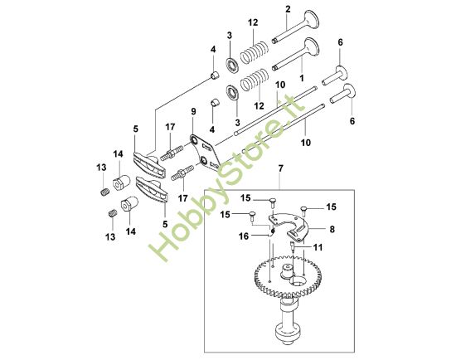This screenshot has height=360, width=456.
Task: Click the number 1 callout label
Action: coord(302,78)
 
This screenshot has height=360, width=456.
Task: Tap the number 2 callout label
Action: coord(288,9)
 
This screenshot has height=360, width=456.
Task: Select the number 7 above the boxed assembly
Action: coord(280,168)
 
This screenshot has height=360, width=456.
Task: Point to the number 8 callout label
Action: coord(332,229)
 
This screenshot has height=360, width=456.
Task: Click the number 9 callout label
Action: coord(193,111)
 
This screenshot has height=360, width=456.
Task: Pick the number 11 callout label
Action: coord(318,247)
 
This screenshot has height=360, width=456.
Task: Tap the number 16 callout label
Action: coord(244,236)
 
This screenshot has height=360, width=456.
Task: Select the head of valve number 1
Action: coord(312,46)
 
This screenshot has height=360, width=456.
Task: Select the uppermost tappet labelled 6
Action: coord(337,75)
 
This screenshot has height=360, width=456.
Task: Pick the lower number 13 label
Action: coord(110,237)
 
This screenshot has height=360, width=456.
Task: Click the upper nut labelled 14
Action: coord(121,182)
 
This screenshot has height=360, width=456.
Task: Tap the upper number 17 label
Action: coord(171,127)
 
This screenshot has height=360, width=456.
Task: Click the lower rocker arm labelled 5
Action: coord(152,189)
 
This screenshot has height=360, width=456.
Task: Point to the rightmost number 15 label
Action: coord(332,207)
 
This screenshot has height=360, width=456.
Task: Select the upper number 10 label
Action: coord(280,85)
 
